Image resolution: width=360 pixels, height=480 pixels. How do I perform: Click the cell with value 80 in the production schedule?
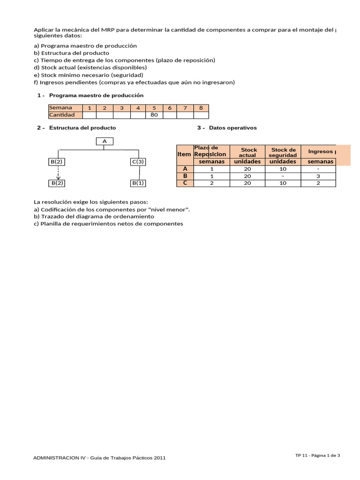pos(154,115)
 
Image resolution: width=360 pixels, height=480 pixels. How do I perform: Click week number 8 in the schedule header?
pos(201,108)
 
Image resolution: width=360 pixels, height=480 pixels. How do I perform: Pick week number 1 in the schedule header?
pos(89,108)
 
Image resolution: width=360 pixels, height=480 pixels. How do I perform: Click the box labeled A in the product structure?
pos(104,141)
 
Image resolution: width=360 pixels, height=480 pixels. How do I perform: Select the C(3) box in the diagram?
pos(138,162)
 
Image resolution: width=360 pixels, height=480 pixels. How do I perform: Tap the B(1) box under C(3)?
pos(138,183)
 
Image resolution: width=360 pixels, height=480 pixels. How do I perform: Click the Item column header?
pos(184,154)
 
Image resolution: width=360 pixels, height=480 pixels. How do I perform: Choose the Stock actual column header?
pos(248,152)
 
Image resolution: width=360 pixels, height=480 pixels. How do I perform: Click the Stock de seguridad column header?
pos(283,152)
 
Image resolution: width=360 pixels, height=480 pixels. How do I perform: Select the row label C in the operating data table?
pos(185,183)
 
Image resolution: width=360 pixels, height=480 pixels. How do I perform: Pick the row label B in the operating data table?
pos(185,176)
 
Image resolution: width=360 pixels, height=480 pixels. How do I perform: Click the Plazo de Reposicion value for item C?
pos(212,183)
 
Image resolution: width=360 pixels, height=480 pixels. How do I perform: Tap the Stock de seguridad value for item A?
pos(283,169)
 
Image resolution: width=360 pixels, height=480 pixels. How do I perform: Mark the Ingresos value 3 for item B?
pos(318,176)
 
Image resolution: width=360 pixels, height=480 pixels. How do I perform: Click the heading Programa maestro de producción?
pos(96,95)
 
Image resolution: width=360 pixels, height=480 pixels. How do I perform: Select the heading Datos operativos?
pos(232,127)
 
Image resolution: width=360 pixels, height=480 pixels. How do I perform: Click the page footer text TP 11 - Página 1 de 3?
pos(317,455)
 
